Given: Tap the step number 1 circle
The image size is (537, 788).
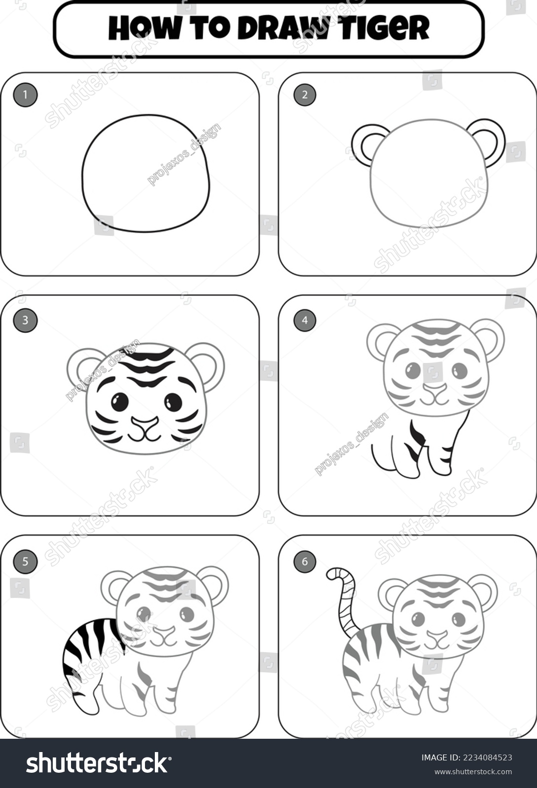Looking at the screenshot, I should [x=25, y=95].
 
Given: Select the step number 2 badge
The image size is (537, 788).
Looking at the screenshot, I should [x=304, y=95].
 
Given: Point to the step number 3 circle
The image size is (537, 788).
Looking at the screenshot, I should [x=25, y=321].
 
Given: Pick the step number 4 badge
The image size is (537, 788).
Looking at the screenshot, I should [x=304, y=321].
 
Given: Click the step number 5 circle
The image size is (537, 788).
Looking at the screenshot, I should [x=25, y=561].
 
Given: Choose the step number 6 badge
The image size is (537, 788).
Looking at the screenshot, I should [x=304, y=561].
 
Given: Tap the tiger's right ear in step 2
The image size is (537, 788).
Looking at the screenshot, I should [x=490, y=140].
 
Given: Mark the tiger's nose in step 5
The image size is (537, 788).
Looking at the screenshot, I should [x=164, y=632].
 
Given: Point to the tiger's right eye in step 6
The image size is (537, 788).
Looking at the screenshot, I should [x=458, y=619].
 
